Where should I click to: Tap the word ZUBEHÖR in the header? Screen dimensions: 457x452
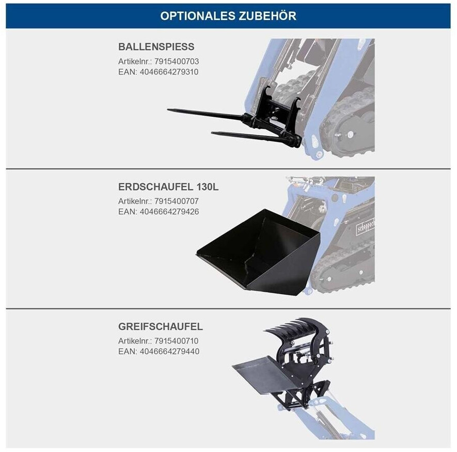[267, 15]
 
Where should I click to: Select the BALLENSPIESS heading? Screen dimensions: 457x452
[156, 46]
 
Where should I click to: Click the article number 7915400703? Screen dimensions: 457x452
[177, 61]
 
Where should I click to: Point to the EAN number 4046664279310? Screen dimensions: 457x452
[169, 72]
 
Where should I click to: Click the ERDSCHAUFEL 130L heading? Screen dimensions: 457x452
[168, 186]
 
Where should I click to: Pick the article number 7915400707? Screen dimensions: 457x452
[177, 201]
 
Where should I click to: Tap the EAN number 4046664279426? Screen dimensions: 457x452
[169, 211]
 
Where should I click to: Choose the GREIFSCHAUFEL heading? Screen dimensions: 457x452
[161, 326]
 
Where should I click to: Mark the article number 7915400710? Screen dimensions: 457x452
[176, 340]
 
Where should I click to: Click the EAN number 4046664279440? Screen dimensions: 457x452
[169, 351]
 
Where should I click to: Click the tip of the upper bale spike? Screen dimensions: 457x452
[168, 110]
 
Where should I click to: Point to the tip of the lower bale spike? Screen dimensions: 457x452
[212, 133]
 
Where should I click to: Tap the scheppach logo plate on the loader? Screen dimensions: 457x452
[366, 227]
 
